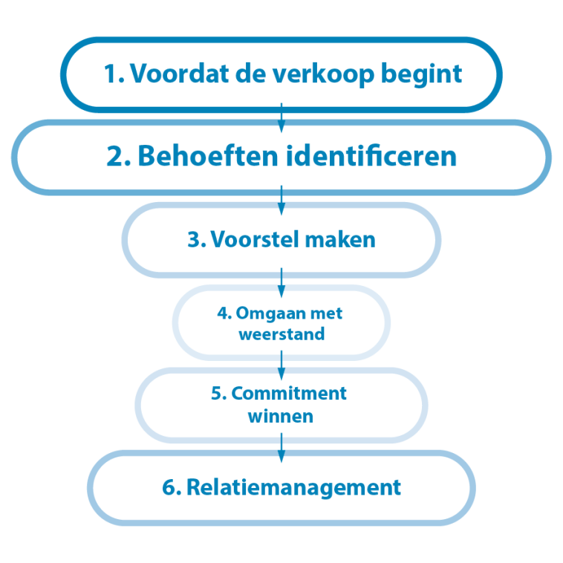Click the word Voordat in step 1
pos(179,74)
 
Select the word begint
pos(421,74)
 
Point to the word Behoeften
pos(208,156)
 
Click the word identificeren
pos(371,156)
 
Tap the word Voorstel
pos(255,239)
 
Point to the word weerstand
pos(281,334)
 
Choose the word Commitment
pos(289,393)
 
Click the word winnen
pos(281,417)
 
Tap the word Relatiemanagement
pos(293,487)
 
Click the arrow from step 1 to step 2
pos(281,118)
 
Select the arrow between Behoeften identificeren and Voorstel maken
pos(281,201)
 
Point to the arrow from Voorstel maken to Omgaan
pos(281,282)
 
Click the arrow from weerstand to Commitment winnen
pos(281,365)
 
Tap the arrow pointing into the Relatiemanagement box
pos(281,448)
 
